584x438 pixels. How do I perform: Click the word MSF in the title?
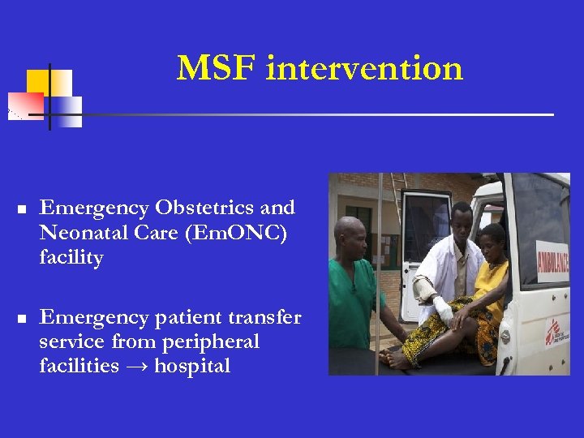tap(217, 68)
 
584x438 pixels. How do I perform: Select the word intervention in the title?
tap(364, 68)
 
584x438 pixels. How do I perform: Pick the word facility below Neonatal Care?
tap(71, 258)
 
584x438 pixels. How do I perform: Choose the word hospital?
tap(192, 367)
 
